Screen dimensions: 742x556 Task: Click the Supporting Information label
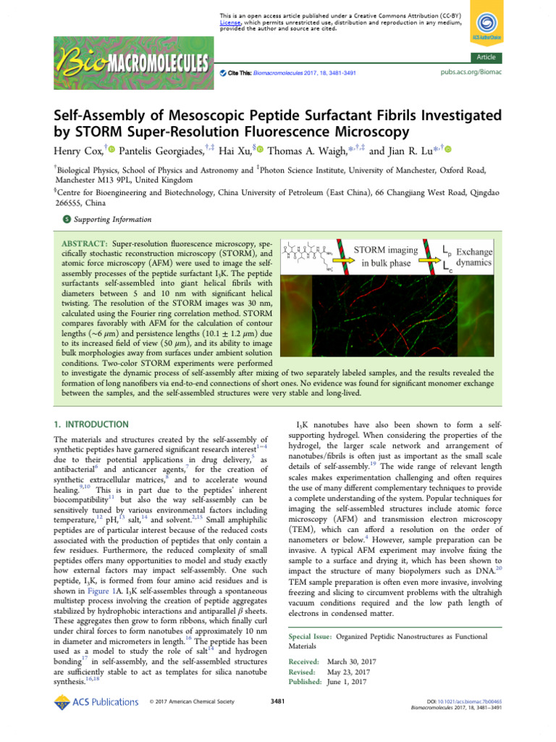[x=108, y=220]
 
